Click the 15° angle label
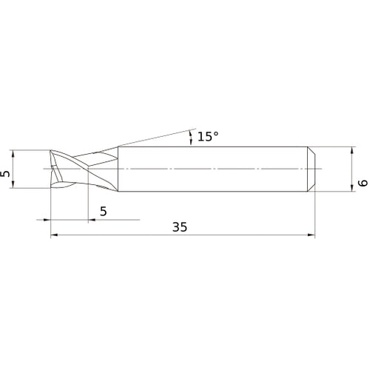click(x=208, y=137)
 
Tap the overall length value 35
click(x=179, y=228)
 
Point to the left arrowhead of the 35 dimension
click(x=53, y=237)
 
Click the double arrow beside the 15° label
click(x=192, y=137)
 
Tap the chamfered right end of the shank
click(x=312, y=169)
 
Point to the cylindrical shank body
click(x=215, y=169)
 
